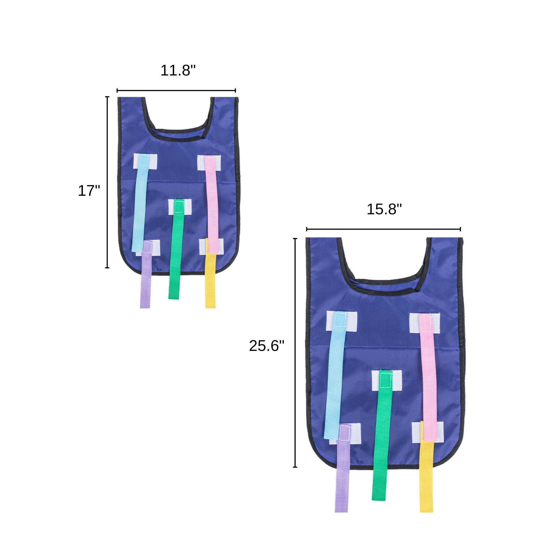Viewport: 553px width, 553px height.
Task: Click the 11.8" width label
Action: [178, 71]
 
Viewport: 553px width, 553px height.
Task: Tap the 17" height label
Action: [89, 191]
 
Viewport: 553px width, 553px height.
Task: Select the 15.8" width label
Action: [384, 209]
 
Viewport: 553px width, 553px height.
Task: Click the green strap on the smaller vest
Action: [175, 258]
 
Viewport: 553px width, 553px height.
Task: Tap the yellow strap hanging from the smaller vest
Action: [210, 283]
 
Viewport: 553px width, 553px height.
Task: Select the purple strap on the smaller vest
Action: [145, 283]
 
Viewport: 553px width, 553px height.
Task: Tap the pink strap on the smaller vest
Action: [212, 206]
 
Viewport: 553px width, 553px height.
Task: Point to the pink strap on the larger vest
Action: [429, 381]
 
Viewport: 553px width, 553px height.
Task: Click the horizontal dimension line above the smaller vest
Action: [176, 91]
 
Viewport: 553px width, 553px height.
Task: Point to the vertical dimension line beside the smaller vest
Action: [107, 182]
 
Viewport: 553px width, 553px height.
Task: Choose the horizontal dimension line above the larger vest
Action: [384, 229]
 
